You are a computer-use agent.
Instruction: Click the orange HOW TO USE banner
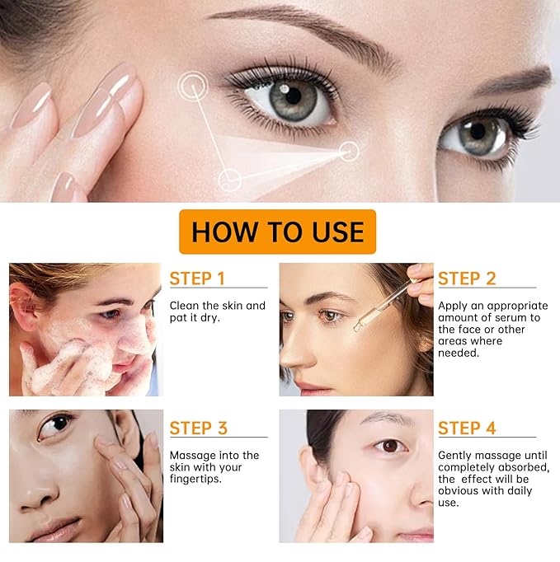(277, 232)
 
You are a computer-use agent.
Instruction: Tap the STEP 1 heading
(197, 279)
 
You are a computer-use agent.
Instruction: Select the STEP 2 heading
(467, 279)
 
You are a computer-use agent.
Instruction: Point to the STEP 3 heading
(199, 428)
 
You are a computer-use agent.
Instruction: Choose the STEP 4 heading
(467, 428)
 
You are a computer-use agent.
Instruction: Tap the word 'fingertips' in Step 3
(195, 480)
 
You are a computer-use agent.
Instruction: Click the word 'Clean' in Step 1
(184, 306)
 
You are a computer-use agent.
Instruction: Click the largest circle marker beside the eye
(193, 86)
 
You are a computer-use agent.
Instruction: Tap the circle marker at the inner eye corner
(349, 152)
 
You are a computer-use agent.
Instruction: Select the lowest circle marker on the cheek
(229, 180)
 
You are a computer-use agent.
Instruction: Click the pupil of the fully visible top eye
(294, 96)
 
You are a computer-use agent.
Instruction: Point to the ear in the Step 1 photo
(21, 305)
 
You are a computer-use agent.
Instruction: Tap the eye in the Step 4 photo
(390, 447)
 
